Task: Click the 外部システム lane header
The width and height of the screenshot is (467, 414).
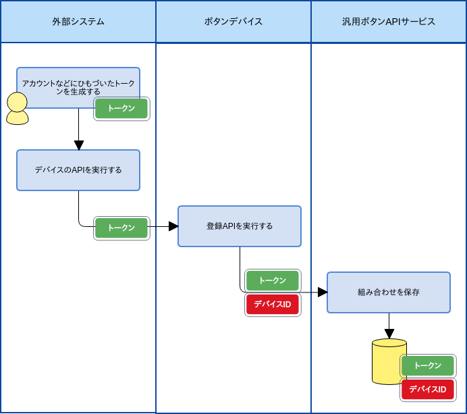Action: click(78, 22)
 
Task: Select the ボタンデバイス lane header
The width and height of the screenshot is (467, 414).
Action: click(233, 22)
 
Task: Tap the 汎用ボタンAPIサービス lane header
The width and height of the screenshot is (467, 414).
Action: click(389, 22)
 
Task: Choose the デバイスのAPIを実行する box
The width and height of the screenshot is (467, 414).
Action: click(78, 170)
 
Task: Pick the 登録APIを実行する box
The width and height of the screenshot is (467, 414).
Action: click(240, 226)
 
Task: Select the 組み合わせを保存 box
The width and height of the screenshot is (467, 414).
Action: click(389, 292)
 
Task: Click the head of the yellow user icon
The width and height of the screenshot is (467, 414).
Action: click(17, 102)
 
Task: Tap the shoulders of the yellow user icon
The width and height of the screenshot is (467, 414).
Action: click(17, 118)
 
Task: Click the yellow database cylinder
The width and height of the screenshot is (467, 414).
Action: click(389, 362)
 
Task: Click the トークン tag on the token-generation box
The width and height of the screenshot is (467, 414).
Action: click(121, 108)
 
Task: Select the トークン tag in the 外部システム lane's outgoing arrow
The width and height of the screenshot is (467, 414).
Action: click(121, 228)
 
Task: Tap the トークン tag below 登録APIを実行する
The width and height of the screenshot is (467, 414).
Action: click(273, 280)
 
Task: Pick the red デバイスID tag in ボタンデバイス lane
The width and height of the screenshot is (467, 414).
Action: click(273, 305)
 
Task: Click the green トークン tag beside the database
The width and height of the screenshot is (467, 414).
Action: click(428, 365)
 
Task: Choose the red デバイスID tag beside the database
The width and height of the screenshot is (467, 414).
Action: click(428, 390)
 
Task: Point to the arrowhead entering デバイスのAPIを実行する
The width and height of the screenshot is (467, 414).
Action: click(79, 145)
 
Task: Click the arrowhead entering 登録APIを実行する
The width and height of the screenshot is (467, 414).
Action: click(173, 226)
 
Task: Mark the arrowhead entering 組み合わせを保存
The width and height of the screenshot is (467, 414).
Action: click(323, 292)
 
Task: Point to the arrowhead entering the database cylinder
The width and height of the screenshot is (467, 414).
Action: click(389, 334)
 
